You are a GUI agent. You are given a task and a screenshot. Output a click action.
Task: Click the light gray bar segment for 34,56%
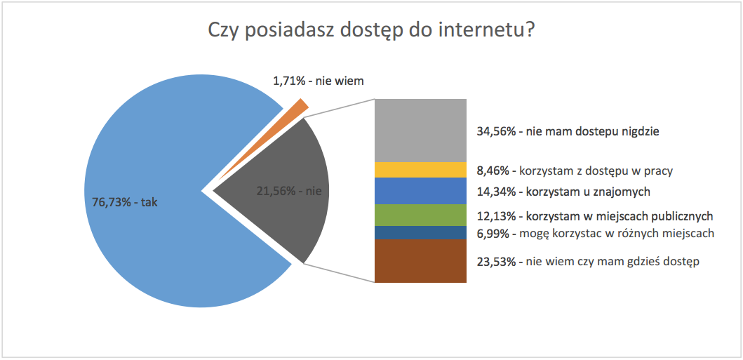pyautogui.click(x=420, y=130)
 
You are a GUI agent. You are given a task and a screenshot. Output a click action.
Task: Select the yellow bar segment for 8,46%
pyautogui.click(x=420, y=170)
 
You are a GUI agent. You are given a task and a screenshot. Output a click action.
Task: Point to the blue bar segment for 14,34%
pyautogui.click(x=420, y=191)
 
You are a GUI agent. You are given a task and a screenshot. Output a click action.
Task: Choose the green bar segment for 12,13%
pyautogui.click(x=420, y=215)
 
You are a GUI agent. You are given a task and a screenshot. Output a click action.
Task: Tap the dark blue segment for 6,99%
pyautogui.click(x=420, y=233)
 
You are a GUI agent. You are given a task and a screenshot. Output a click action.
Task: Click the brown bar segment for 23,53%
pyautogui.click(x=420, y=261)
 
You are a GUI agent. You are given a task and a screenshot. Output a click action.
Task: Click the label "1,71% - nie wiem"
pyautogui.click(x=319, y=81)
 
